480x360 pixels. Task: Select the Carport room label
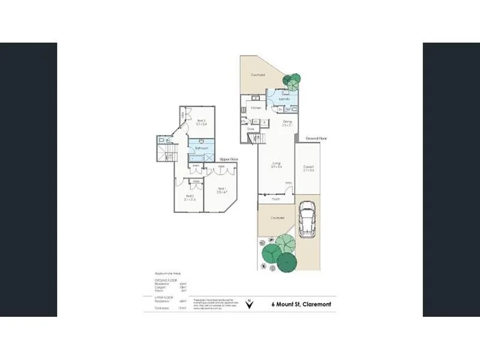[309, 168]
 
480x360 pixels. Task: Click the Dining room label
[287, 124]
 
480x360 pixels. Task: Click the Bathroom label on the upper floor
[202, 148]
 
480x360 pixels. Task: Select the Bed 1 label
[221, 190]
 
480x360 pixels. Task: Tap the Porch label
[277, 200]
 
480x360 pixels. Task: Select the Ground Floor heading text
[316, 139]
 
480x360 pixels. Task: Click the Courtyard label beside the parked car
[277, 218]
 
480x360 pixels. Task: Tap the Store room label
[251, 128]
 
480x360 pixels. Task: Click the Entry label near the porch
[289, 183]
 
